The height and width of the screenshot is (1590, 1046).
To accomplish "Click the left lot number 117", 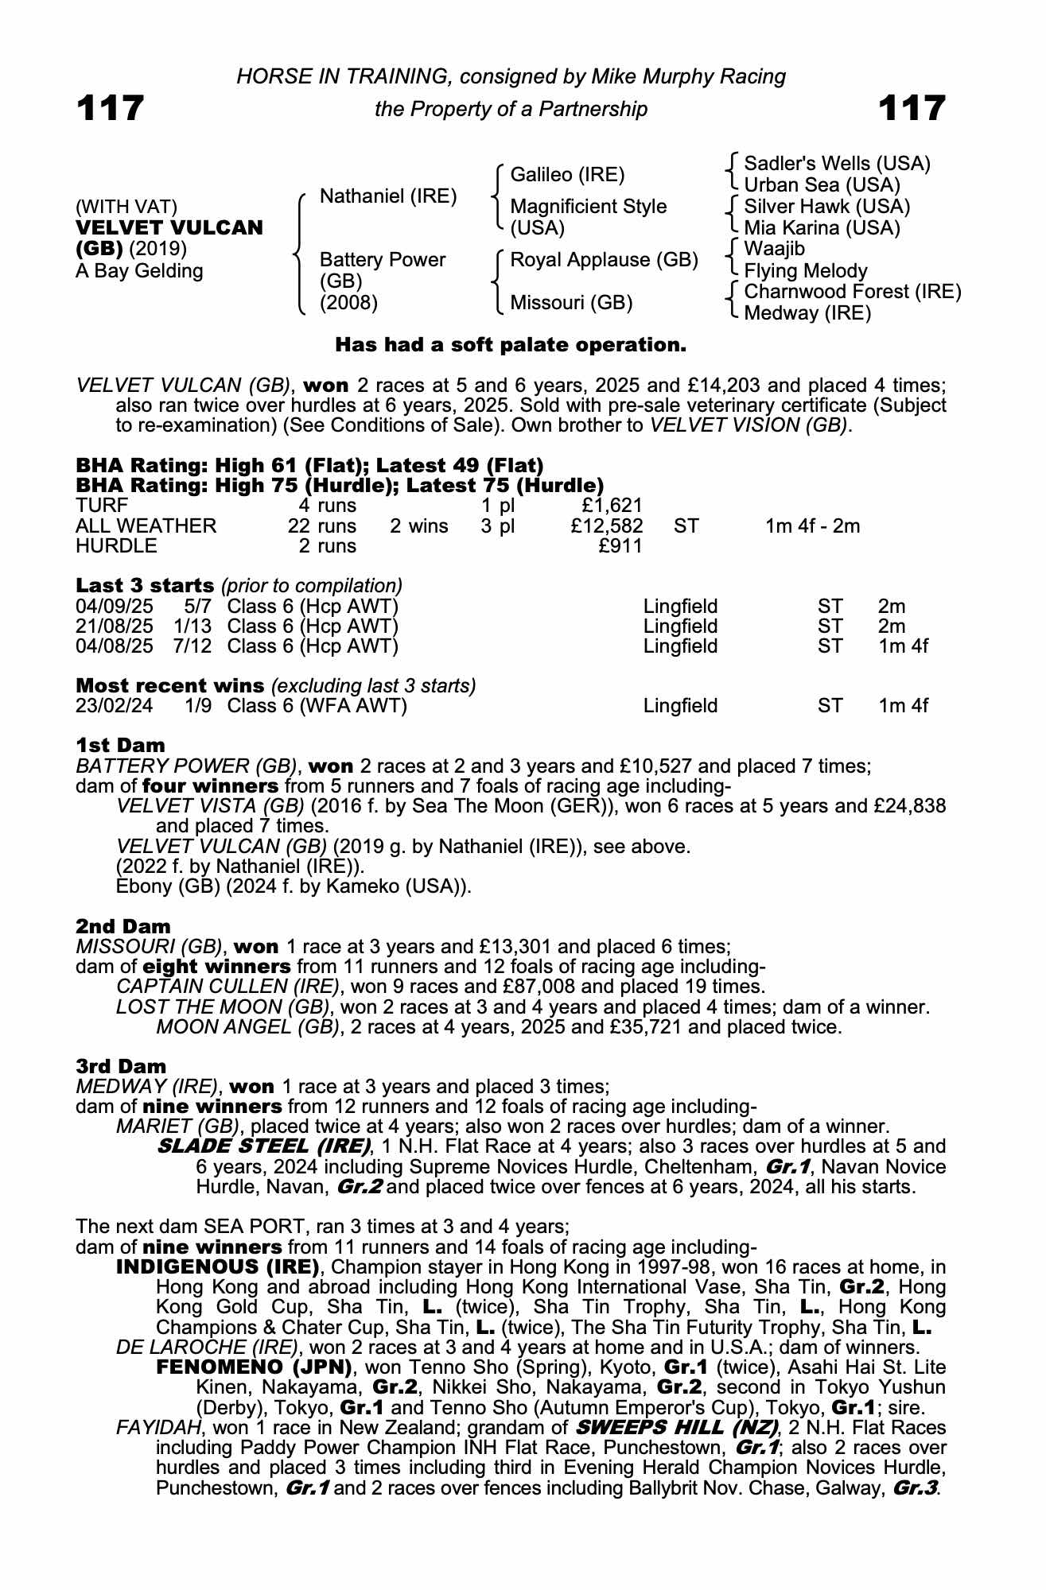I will [110, 108].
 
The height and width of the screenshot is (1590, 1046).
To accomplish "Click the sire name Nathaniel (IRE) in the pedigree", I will [387, 196].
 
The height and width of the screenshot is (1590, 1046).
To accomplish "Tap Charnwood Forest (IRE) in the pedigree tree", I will [852, 292].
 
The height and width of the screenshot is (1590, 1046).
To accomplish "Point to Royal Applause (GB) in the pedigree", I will [604, 260].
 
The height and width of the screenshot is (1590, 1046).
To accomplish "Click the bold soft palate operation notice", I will [511, 345].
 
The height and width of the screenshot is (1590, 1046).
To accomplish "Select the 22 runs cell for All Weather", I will [322, 525].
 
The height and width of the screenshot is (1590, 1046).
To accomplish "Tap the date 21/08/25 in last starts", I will [114, 626].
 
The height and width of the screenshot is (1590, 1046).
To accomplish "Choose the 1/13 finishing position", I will [192, 626].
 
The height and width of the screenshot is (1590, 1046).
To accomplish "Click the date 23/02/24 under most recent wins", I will [114, 706].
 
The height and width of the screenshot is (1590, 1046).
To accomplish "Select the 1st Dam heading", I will [120, 746].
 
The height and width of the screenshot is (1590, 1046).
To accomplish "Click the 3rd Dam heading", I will [121, 1066].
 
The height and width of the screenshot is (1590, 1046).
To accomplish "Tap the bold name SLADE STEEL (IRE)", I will [264, 1146].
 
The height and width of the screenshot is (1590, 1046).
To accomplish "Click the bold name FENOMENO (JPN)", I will [254, 1367].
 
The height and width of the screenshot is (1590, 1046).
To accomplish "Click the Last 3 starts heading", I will [145, 586].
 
